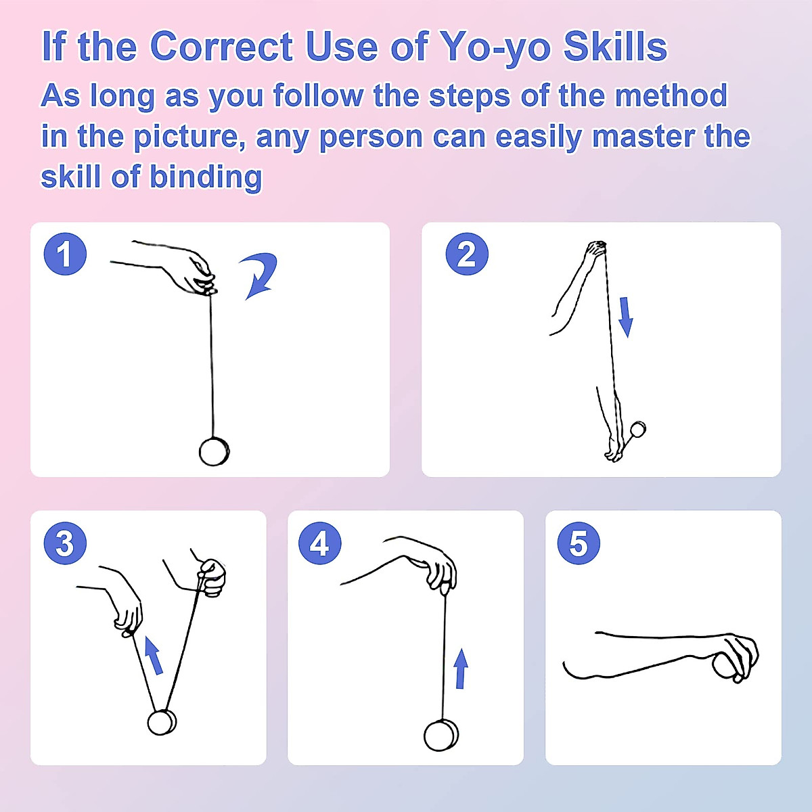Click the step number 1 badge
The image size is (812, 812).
tap(65, 254)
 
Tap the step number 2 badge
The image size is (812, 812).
tap(467, 254)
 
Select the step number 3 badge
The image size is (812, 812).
tap(65, 543)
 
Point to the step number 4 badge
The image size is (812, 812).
tap(320, 543)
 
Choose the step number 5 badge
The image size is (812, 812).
tap(579, 543)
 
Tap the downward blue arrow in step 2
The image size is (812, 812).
tap(626, 317)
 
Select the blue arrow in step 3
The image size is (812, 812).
tap(154, 655)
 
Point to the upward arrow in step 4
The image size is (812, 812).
tap(461, 669)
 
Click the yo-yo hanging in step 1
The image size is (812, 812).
tap(214, 452)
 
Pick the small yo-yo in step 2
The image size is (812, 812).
tap(638, 430)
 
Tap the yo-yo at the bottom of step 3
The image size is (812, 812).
tap(162, 722)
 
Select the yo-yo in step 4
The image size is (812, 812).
tap(441, 736)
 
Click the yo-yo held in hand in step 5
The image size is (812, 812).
tap(725, 665)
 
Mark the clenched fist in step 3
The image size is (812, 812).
tap(212, 578)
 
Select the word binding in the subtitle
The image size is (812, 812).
tap(206, 177)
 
